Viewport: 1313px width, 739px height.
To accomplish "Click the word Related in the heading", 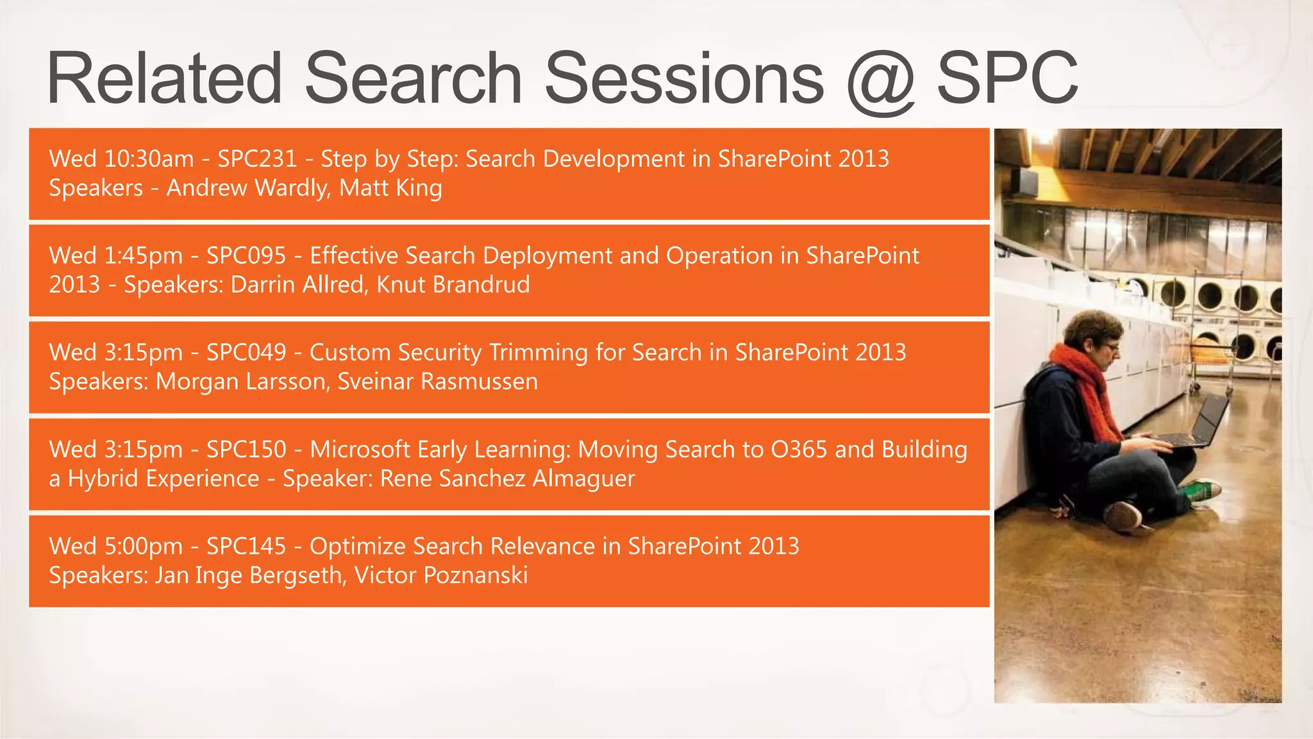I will [164, 79].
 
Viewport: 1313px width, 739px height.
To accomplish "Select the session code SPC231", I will [257, 158].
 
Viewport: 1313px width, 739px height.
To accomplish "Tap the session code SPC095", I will [246, 255].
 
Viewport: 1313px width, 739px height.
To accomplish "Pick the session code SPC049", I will [246, 352].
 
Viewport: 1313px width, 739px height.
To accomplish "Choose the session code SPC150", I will [246, 449].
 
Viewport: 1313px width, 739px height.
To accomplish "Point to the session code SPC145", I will [246, 546].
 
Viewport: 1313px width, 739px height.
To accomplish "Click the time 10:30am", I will [148, 158].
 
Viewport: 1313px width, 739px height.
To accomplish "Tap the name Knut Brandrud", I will [453, 284].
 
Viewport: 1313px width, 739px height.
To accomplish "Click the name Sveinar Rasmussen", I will [437, 381].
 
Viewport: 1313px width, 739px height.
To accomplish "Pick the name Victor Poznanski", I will [441, 575].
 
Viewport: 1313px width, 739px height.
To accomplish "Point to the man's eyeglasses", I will [1111, 347].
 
